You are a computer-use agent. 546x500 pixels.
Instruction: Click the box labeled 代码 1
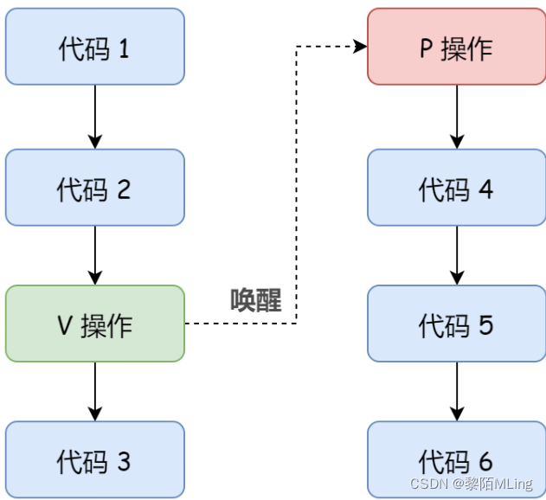tap(94, 47)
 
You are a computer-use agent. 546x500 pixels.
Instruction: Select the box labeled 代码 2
tap(94, 188)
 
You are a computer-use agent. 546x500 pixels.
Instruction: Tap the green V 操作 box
tap(94, 324)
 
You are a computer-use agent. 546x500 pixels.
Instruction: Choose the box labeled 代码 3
tap(94, 459)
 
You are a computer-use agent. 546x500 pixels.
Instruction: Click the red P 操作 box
tap(456, 47)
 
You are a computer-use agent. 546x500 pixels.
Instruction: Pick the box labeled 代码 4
tap(456, 188)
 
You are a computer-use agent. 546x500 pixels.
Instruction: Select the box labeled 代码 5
tap(456, 324)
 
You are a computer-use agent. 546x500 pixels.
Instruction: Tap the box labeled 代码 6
tap(456, 459)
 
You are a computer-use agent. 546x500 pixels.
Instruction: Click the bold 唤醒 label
tap(255, 299)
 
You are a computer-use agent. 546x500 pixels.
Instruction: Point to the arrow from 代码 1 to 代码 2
tap(95, 117)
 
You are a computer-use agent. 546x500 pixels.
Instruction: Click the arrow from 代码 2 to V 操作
tap(95, 254)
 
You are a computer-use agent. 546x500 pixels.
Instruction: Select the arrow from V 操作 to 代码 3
tap(95, 391)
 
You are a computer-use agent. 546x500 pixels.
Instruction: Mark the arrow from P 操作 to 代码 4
tap(457, 117)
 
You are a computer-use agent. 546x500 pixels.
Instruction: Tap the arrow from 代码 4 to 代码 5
tap(457, 254)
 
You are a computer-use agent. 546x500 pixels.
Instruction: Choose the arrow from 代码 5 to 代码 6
tap(457, 391)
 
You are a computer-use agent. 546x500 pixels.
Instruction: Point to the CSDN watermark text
tap(476, 484)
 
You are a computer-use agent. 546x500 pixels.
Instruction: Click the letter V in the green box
tap(64, 324)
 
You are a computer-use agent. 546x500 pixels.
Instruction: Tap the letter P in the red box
tap(426, 48)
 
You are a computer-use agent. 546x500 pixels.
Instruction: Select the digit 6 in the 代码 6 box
tap(485, 460)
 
